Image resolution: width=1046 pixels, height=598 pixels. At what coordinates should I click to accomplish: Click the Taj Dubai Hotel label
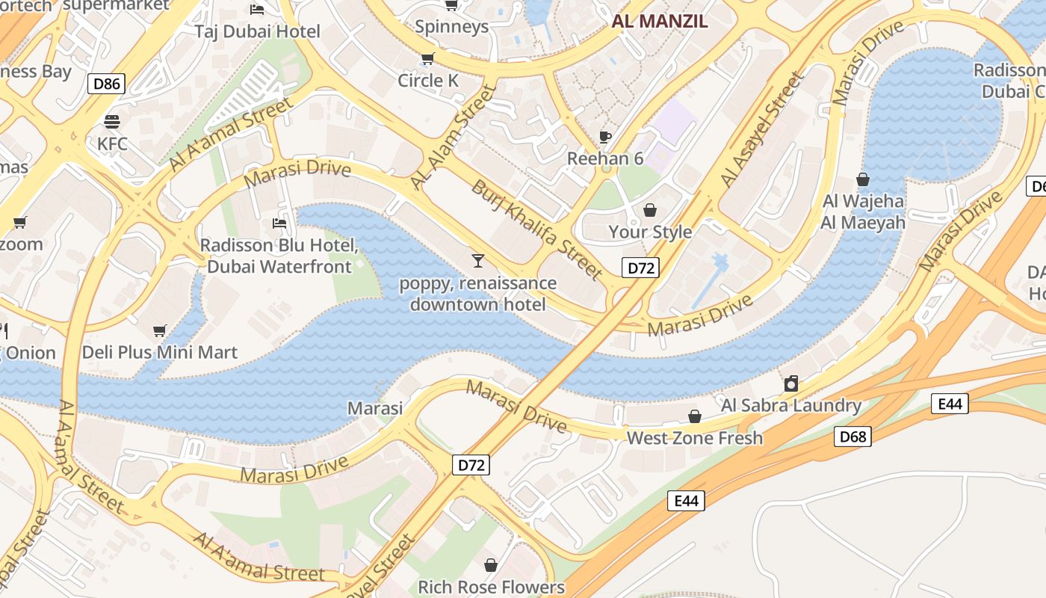257,31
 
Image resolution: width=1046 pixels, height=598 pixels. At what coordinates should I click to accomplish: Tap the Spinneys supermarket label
451,27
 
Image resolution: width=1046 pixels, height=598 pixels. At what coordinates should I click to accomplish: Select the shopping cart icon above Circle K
427,59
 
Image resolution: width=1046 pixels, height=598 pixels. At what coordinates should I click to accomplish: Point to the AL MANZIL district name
659,21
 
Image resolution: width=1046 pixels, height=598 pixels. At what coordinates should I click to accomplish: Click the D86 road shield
106,83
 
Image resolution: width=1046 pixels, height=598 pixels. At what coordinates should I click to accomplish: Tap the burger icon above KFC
112,122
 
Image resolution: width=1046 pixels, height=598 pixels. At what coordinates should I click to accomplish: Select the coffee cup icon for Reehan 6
605,137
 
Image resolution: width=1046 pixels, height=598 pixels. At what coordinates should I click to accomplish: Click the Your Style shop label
650,232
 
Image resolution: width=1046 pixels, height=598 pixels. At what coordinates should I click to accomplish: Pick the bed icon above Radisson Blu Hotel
279,223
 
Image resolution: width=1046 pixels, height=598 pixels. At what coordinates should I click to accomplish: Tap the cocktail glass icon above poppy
478,260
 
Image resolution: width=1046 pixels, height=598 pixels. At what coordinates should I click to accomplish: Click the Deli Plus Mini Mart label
160,352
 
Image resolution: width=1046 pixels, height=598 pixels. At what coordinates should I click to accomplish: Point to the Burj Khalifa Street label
536,229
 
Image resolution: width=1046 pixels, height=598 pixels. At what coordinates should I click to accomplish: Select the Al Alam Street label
453,138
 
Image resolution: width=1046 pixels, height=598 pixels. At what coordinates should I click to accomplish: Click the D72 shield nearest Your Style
640,268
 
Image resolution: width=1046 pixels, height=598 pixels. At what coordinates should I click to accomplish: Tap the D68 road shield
852,437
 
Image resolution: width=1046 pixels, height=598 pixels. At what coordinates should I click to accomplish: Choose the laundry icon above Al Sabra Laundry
791,384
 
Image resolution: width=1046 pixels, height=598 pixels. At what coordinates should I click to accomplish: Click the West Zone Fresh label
695,438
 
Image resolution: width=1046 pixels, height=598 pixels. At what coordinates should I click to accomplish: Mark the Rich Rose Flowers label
491,587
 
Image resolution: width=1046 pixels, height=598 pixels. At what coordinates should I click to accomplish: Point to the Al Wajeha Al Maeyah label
863,212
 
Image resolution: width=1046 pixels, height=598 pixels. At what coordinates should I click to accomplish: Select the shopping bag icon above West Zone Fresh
695,416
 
